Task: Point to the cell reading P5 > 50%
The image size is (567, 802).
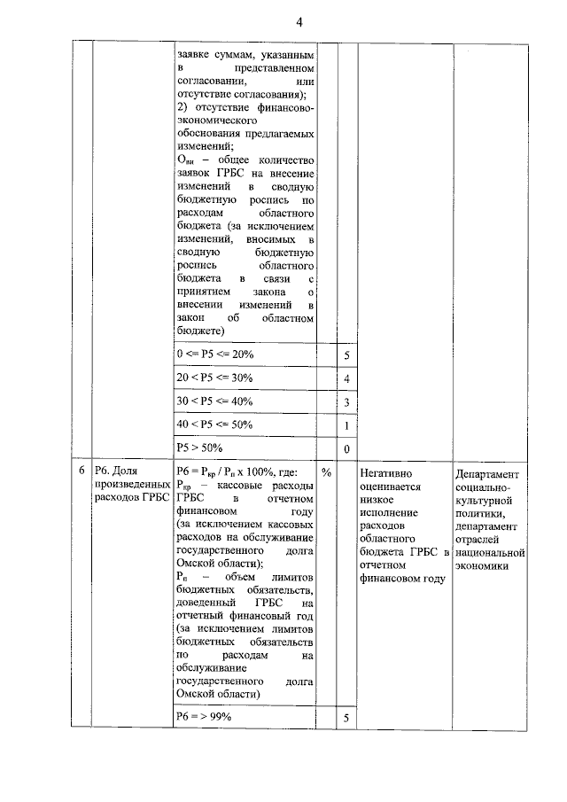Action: tap(198, 448)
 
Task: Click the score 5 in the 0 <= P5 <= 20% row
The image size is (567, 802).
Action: tap(346, 355)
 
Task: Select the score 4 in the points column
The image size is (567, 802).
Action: tap(346, 379)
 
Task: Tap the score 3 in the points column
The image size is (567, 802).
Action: tap(346, 402)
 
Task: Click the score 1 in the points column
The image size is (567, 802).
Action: tap(346, 426)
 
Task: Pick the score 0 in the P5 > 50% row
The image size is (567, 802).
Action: tap(346, 449)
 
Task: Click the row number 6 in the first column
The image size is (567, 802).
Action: tap(82, 472)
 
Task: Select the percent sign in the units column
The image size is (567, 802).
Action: tap(326, 472)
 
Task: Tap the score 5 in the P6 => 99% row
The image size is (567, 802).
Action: tap(346, 716)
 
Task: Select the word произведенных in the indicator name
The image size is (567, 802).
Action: tap(131, 486)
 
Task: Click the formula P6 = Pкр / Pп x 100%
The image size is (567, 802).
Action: tap(239, 472)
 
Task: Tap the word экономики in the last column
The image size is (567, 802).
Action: tap(483, 566)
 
